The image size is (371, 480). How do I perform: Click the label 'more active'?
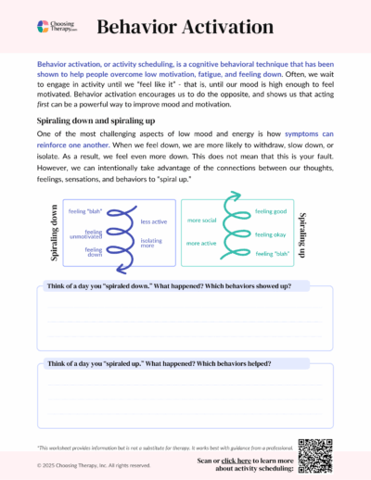pos(201,243)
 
